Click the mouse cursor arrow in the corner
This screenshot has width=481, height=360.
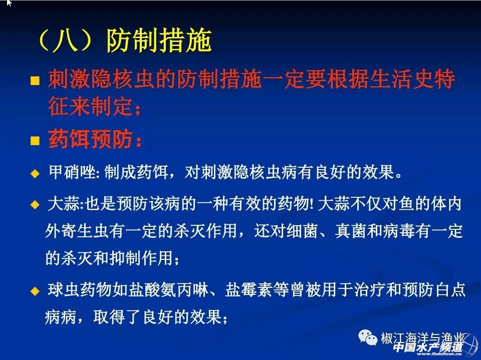pyautogui.click(x=9, y=3)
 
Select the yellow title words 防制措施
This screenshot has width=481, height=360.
pyautogui.click(x=159, y=41)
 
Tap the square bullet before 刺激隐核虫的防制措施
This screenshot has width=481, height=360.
pyautogui.click(x=35, y=81)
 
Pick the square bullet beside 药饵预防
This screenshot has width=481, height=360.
pyautogui.click(x=35, y=141)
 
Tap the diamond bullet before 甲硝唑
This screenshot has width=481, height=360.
pyautogui.click(x=35, y=174)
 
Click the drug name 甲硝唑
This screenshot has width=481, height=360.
pyautogui.click(x=72, y=172)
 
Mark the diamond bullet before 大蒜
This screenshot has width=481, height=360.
pyautogui.click(x=35, y=204)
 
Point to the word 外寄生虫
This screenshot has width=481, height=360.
pyautogui.click(x=76, y=231)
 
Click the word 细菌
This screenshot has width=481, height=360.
pyautogui.click(x=302, y=231)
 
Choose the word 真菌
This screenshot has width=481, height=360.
pyautogui.click(x=350, y=231)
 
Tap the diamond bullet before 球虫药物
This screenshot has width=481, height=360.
pyautogui.click(x=35, y=291)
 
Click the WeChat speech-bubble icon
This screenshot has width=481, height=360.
pyautogui.click(x=368, y=337)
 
